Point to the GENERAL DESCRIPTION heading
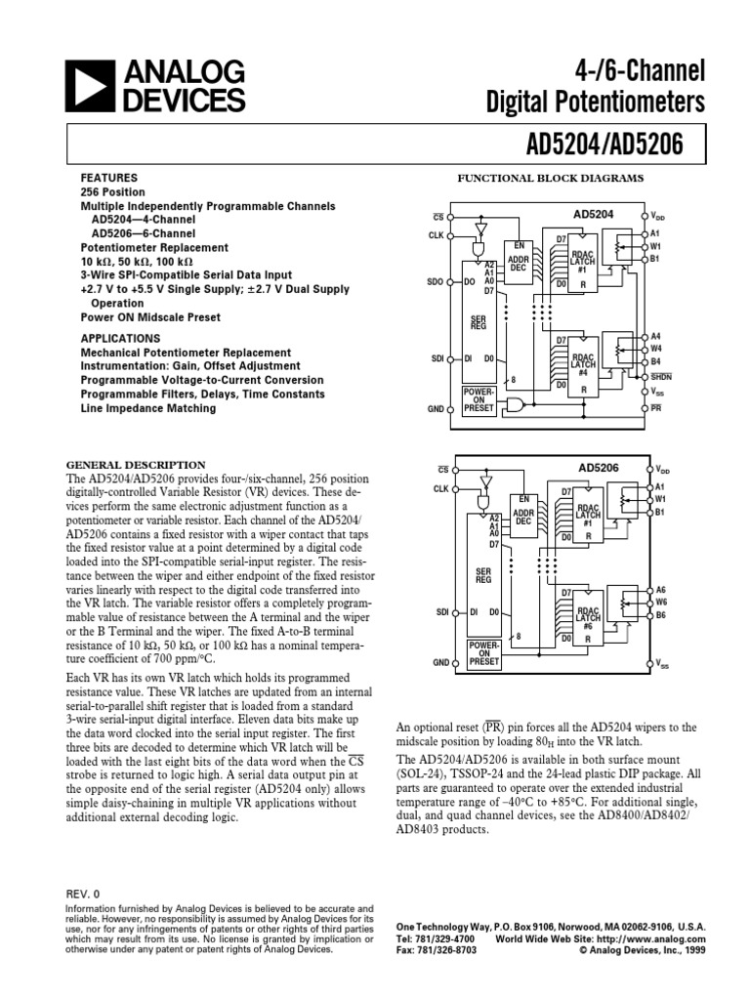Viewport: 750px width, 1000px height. pyautogui.click(x=135, y=464)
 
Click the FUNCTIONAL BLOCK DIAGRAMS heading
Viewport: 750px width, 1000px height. pyautogui.click(x=552, y=179)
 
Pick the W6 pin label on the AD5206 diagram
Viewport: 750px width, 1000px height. pyautogui.click(x=660, y=603)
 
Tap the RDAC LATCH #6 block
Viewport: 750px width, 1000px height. pyautogui.click(x=587, y=617)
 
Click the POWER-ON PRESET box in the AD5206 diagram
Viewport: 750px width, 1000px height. pyautogui.click(x=483, y=653)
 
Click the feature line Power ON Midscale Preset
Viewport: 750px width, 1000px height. pyautogui.click(x=150, y=317)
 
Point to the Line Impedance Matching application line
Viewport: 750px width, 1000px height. pyautogui.click(x=148, y=408)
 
